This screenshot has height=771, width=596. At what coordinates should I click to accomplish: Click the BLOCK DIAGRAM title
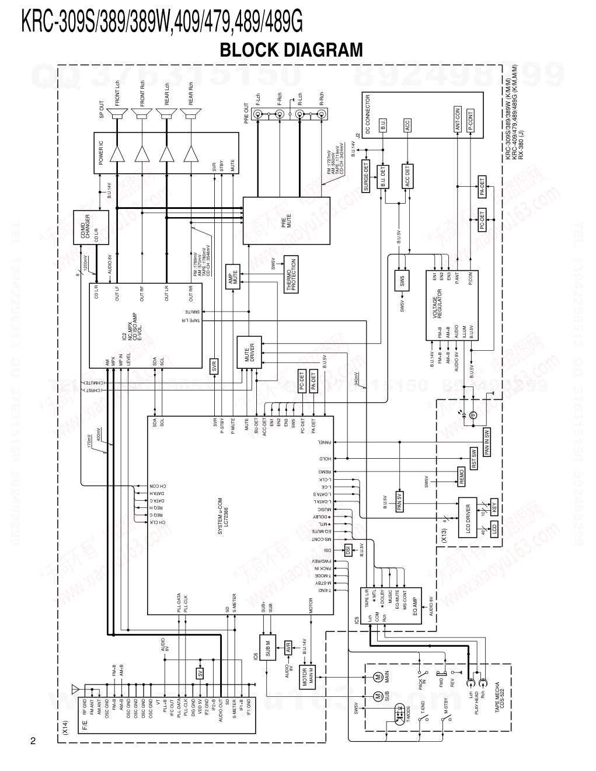click(x=291, y=50)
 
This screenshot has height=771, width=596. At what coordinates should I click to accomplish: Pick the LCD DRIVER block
click(x=468, y=515)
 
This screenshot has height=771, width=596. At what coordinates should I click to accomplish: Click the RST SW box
click(x=474, y=459)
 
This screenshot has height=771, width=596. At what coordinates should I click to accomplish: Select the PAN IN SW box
click(x=486, y=442)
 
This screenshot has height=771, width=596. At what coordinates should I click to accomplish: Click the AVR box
click(x=287, y=647)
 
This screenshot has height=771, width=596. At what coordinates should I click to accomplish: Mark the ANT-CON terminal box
click(x=457, y=119)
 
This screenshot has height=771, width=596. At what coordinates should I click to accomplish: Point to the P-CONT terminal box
click(x=470, y=119)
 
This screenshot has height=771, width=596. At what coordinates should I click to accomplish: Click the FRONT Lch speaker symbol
click(x=118, y=117)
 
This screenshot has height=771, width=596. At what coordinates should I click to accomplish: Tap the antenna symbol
click(x=74, y=689)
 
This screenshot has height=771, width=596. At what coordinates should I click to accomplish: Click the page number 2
click(x=33, y=741)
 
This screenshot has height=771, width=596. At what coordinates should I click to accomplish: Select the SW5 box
click(x=402, y=281)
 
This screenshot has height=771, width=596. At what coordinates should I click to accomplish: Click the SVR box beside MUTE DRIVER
click(x=214, y=367)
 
